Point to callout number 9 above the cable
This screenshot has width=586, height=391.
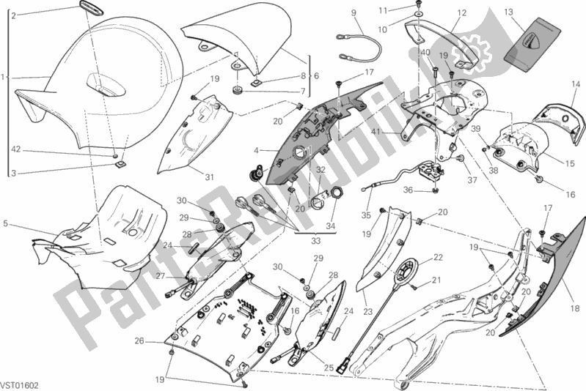(353, 12)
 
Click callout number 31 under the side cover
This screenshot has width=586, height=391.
(208, 176)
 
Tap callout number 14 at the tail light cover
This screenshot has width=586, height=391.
(576, 84)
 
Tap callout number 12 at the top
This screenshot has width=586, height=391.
(462, 12)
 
